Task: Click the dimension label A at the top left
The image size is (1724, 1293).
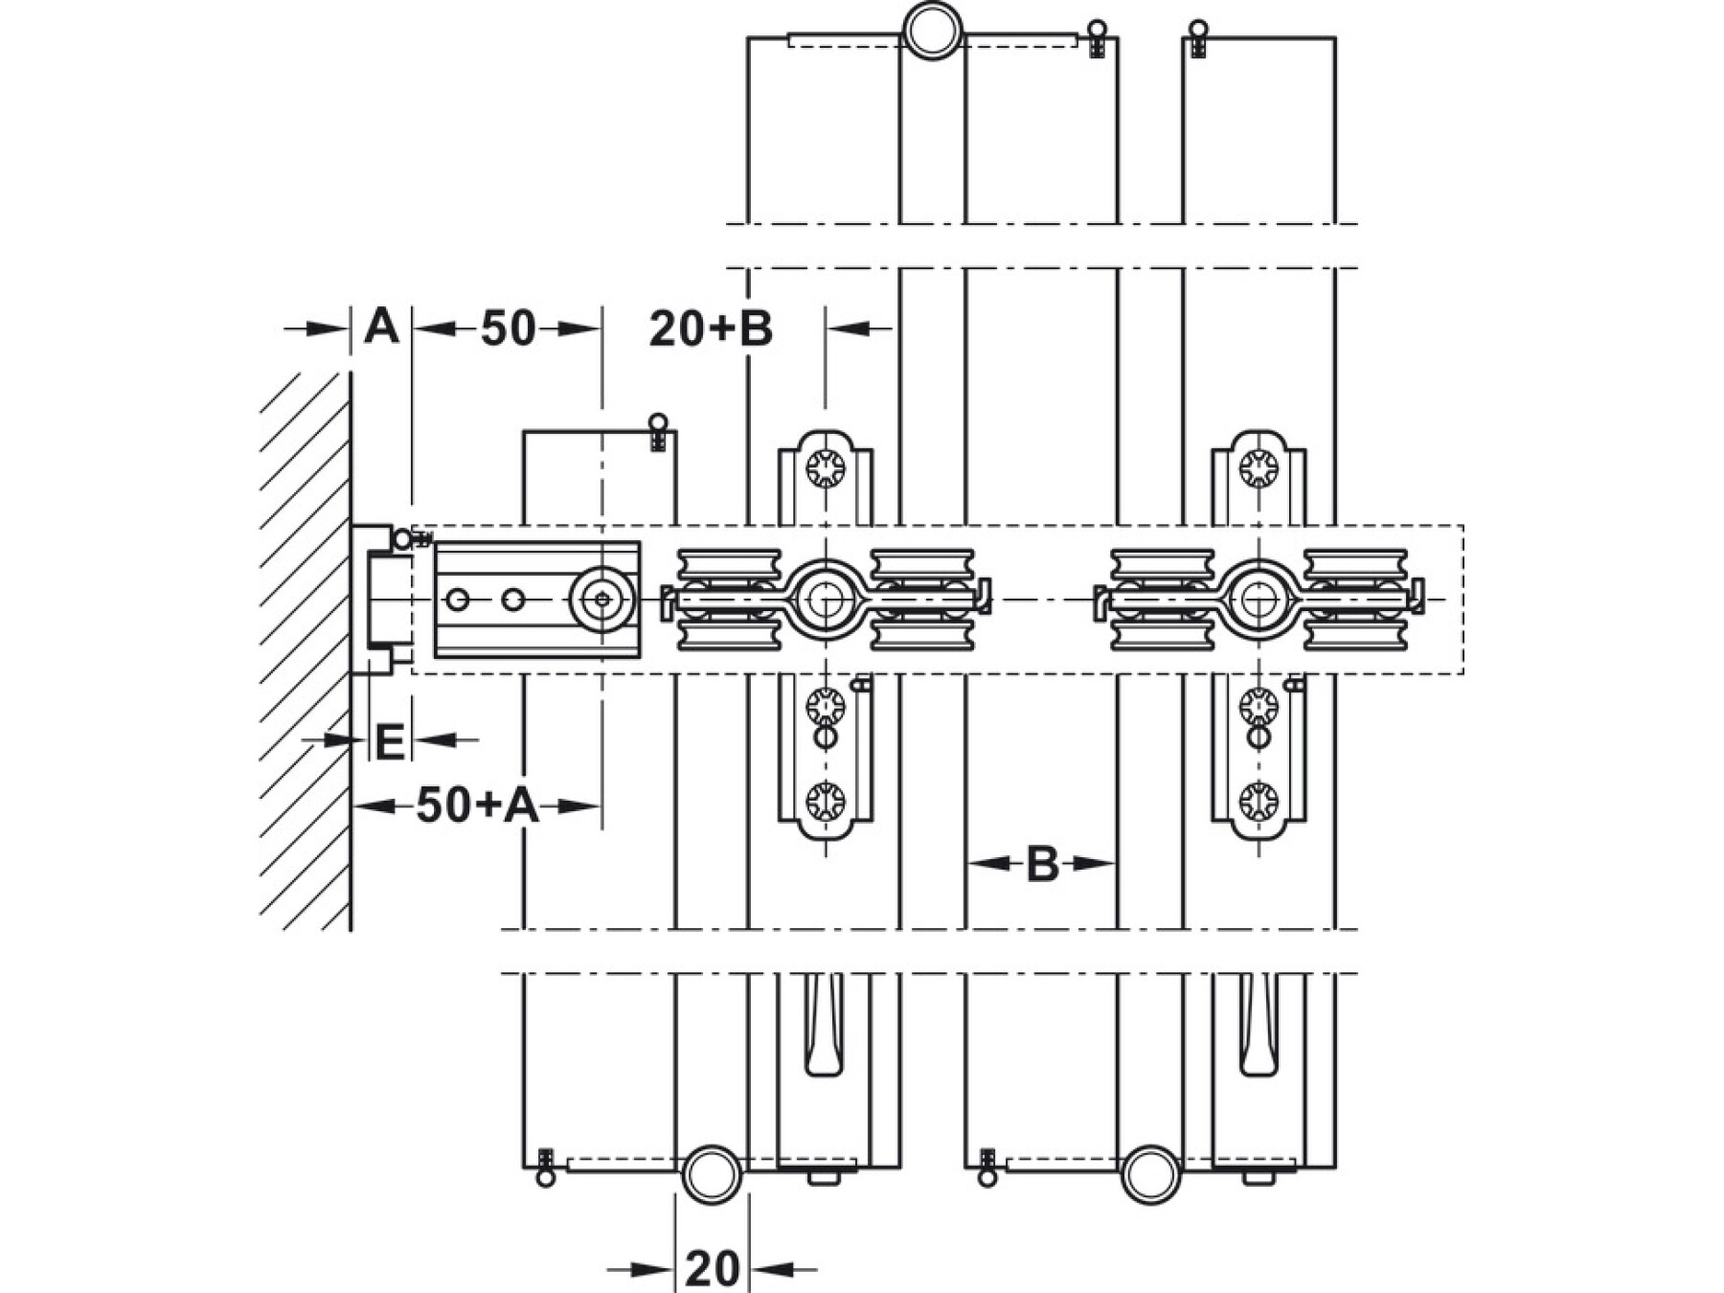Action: [x=381, y=328]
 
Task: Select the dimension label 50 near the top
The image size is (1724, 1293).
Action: [x=508, y=329]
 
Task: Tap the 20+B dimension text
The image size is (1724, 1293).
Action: [x=711, y=329]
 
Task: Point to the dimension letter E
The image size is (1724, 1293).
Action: [x=389, y=743]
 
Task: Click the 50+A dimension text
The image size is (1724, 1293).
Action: [x=477, y=805]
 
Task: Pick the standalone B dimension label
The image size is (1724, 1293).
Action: [x=1042, y=864]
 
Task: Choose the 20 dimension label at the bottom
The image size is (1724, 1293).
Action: [x=713, y=1270]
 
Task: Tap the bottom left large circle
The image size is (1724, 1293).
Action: [x=712, y=1174]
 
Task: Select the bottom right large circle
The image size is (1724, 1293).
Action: [x=1151, y=1174]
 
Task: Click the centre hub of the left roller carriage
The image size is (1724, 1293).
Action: [x=823, y=600]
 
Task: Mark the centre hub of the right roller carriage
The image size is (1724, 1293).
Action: [x=1257, y=600]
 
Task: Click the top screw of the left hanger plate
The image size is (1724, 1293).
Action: [x=825, y=469]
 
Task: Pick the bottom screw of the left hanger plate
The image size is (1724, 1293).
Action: [x=825, y=800]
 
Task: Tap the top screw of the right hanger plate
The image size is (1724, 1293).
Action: [x=1258, y=469]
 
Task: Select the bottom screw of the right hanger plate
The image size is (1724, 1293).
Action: [x=1258, y=800]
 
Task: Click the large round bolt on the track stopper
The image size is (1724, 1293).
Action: [x=602, y=600]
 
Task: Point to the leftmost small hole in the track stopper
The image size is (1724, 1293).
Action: [x=458, y=600]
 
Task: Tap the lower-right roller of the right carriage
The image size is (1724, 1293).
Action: [x=1355, y=635]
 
